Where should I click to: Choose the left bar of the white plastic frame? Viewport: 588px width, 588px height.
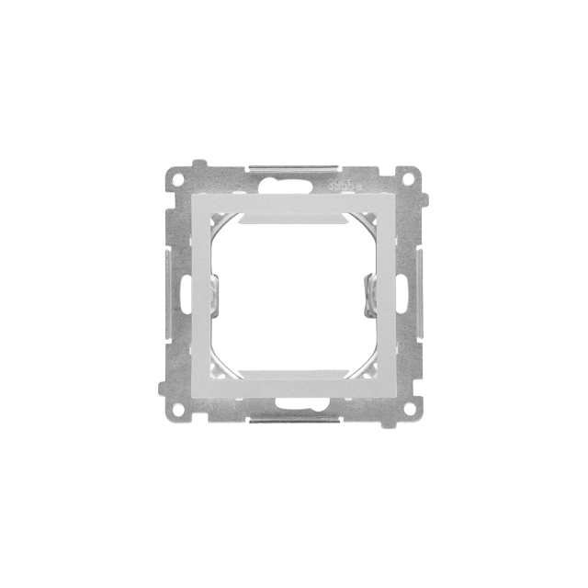(x=202, y=294)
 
